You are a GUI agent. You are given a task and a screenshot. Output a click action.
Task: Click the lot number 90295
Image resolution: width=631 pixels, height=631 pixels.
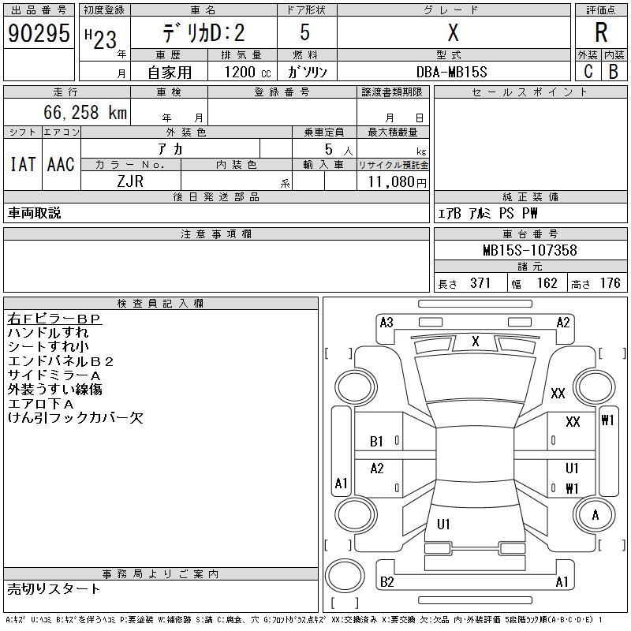point(39,33)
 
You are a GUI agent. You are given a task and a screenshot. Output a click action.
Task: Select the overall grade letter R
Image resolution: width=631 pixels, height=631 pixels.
point(601,32)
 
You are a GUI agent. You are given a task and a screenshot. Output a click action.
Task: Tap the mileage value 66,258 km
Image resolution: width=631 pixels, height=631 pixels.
point(85,112)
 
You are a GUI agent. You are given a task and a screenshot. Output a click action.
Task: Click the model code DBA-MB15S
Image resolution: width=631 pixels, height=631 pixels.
point(451,72)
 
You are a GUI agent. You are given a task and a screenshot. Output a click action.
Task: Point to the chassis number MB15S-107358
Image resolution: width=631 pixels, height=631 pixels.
point(530,250)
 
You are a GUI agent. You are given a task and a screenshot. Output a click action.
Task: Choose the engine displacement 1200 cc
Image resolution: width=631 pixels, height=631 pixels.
point(248,72)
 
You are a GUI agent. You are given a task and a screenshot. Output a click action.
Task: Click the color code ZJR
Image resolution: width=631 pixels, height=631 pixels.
point(130,181)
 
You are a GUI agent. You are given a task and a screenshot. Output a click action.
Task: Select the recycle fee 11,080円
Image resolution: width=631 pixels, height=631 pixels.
point(398,182)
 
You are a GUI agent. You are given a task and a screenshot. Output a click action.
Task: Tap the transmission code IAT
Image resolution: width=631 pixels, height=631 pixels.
point(23,164)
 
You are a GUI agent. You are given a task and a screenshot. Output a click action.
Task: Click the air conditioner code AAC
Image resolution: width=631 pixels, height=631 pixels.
point(62,164)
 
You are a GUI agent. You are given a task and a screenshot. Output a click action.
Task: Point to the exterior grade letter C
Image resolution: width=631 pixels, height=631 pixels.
point(588,72)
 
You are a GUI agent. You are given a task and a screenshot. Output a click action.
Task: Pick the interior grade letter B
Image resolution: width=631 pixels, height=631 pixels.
point(614,72)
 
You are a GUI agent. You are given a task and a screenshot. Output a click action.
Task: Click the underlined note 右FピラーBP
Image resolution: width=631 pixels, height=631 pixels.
point(54,319)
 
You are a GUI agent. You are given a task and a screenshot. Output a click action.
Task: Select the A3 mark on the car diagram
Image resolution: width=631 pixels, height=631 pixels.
point(386,323)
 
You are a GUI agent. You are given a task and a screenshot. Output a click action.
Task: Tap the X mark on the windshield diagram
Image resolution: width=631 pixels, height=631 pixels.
point(476,342)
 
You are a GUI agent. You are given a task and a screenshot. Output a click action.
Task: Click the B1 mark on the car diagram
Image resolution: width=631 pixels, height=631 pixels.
point(376,442)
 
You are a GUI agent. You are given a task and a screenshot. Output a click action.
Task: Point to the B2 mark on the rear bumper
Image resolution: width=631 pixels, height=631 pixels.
point(386,582)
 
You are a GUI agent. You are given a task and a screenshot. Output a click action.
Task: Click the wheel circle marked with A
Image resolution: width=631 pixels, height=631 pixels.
point(595,515)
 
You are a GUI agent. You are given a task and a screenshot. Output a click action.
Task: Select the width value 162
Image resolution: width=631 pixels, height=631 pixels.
point(547,283)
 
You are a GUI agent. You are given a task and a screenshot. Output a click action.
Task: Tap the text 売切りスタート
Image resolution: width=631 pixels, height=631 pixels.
point(54,588)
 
